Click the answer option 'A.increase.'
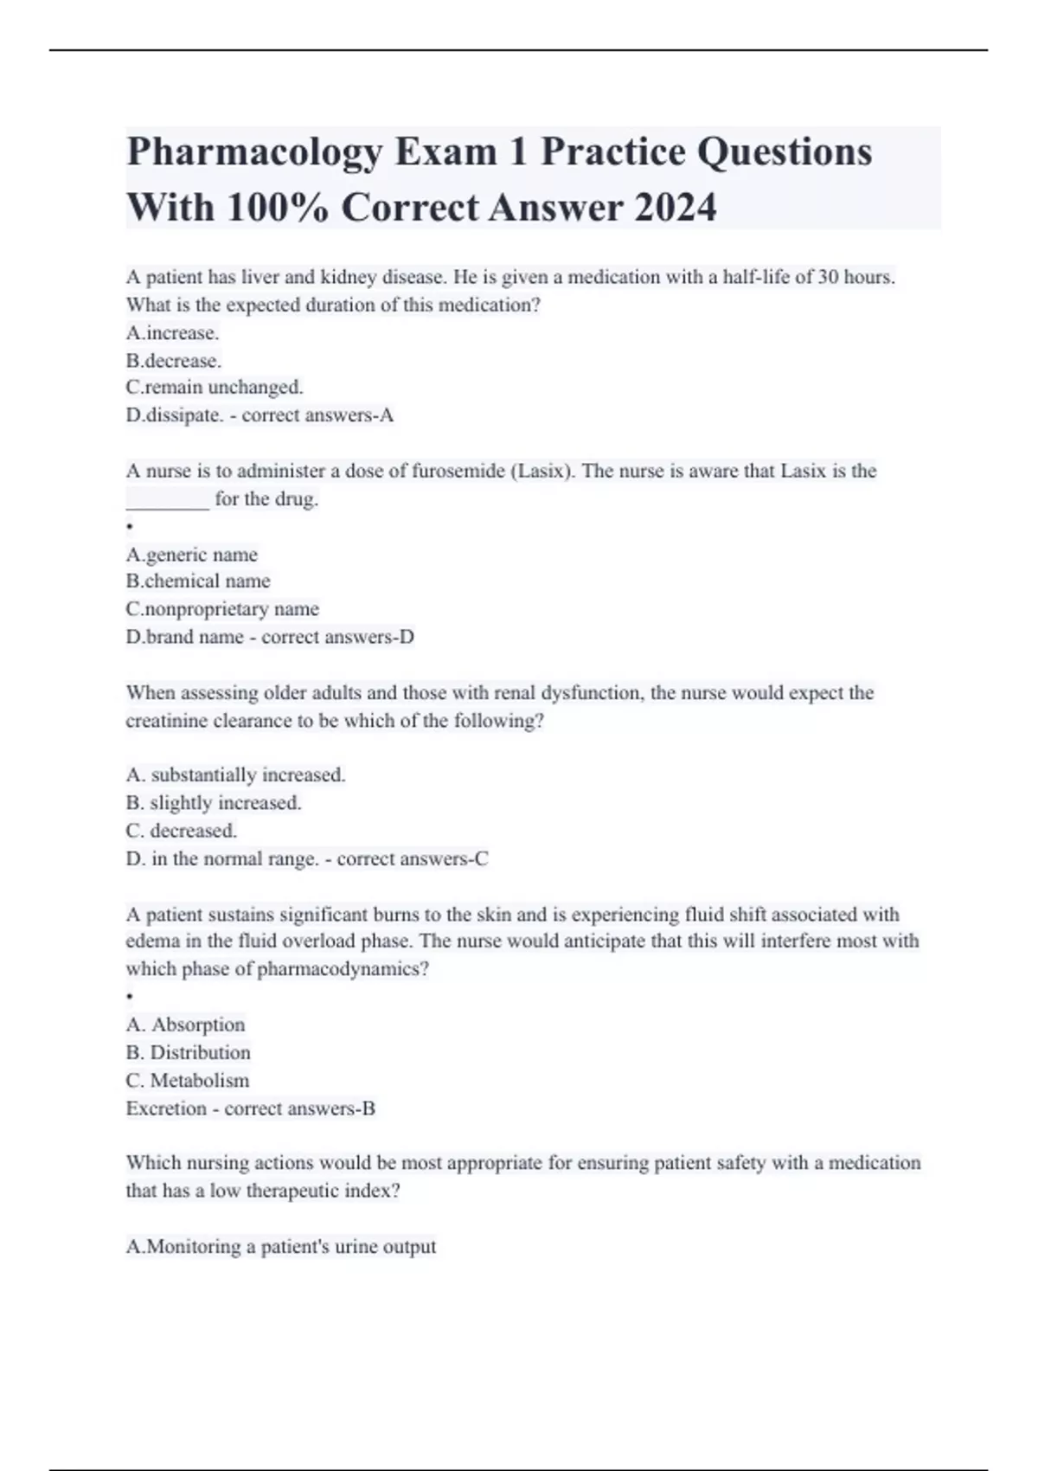(172, 333)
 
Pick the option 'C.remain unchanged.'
(215, 387)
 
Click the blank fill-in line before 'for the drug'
(168, 500)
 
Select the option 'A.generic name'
(191, 555)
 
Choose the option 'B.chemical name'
(198, 581)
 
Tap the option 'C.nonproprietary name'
(222, 609)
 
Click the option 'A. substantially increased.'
(235, 775)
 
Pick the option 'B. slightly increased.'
(214, 803)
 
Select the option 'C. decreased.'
(181, 831)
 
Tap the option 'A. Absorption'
(185, 1025)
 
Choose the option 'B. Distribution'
(188, 1053)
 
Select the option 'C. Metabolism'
(187, 1081)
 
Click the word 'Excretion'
(165, 1108)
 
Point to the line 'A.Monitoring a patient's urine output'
(281, 1247)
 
